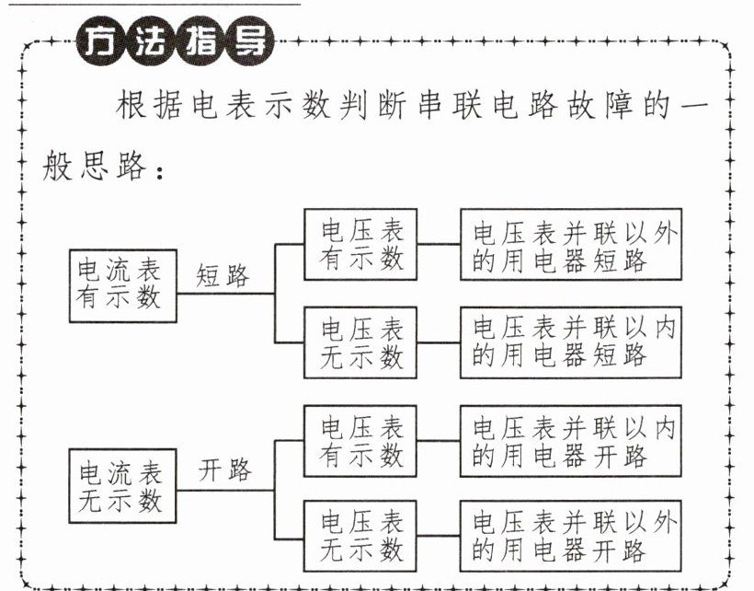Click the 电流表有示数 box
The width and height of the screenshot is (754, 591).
tap(122, 284)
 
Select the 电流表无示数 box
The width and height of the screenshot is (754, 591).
tap(122, 487)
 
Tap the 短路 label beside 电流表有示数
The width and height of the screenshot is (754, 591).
tap(223, 275)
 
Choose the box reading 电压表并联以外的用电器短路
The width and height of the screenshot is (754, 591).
tap(571, 245)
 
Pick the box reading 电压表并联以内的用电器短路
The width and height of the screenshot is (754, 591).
tap(571, 342)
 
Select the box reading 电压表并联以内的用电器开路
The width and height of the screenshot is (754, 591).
tap(571, 441)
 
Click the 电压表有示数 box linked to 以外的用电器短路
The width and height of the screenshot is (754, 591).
tap(362, 244)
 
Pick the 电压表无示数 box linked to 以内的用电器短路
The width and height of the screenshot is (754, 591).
tap(362, 342)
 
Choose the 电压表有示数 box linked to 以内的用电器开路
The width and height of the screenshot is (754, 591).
tap(362, 441)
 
